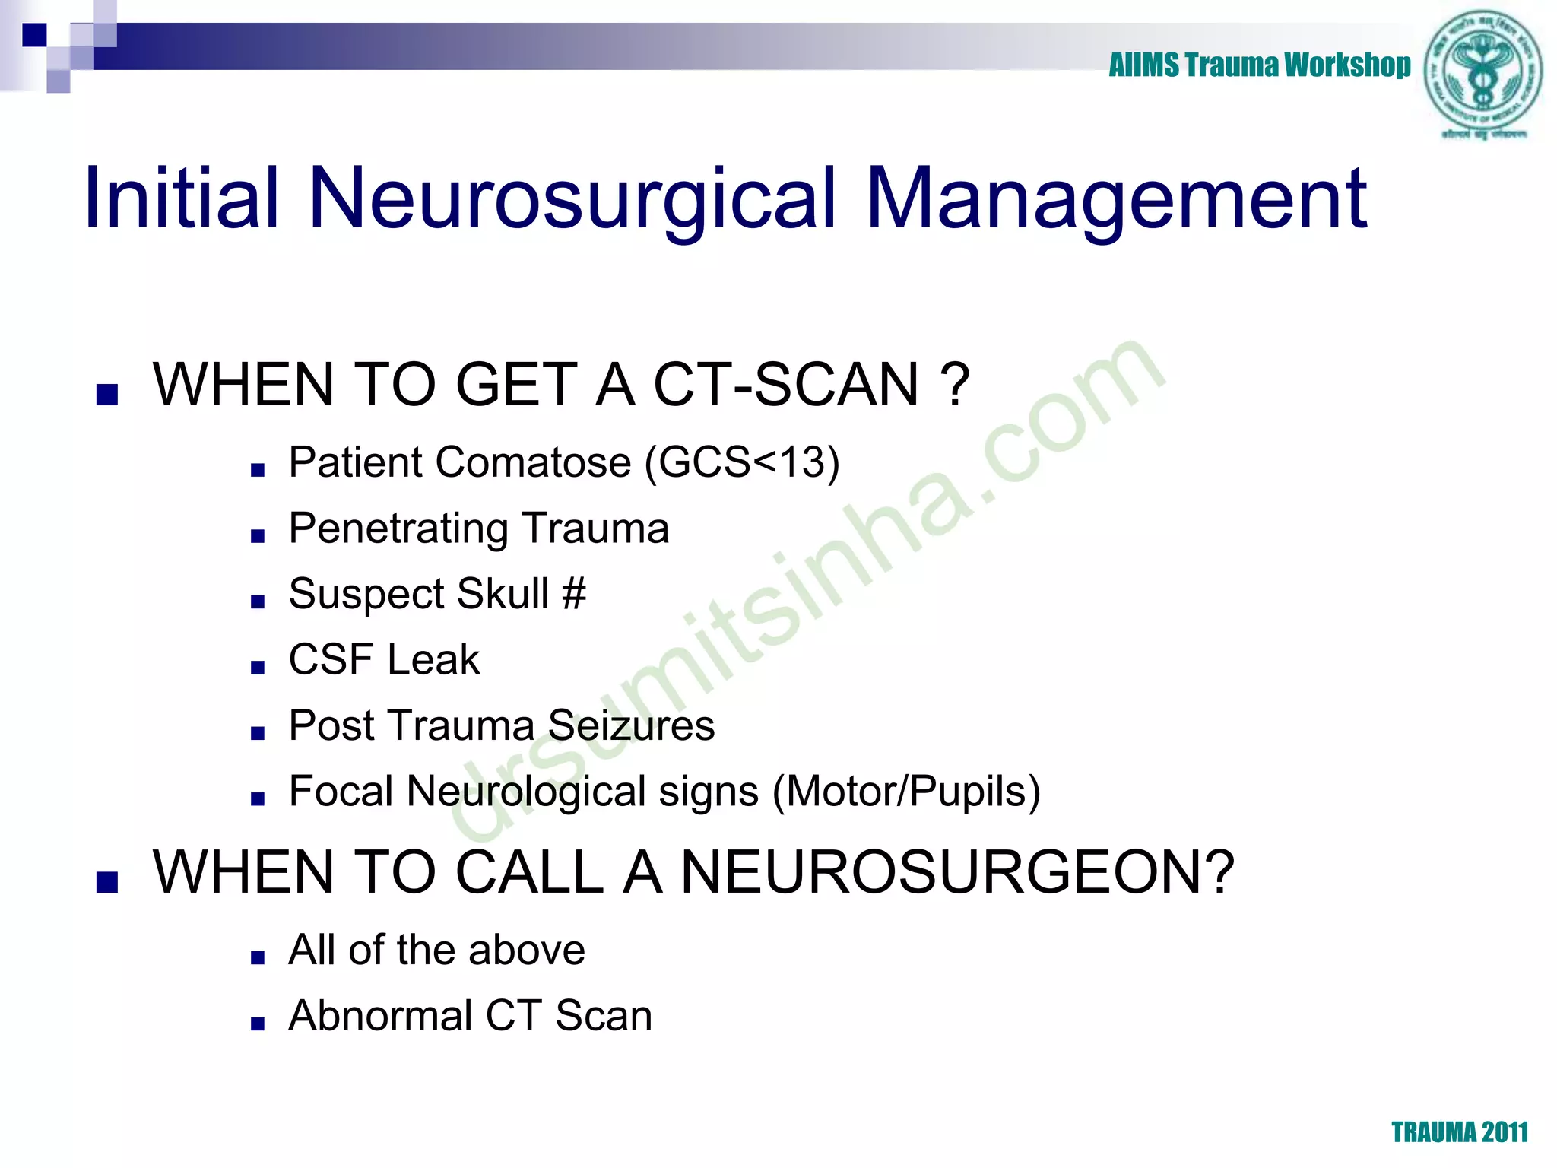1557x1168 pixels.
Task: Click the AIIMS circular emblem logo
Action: click(1483, 72)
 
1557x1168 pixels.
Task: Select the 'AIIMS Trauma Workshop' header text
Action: click(1259, 65)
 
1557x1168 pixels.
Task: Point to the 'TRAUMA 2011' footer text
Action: click(1460, 1132)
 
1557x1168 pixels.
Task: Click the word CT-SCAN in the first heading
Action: click(786, 384)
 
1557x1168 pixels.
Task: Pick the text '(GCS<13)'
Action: click(742, 462)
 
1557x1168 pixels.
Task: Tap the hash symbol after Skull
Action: click(574, 593)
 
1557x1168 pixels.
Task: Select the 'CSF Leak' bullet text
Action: click(384, 659)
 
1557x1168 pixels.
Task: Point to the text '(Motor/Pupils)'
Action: click(906, 791)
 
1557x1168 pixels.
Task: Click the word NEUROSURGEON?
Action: click(957, 871)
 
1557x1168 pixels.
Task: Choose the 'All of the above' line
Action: click(436, 950)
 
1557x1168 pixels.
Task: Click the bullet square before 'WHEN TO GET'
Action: click(107, 395)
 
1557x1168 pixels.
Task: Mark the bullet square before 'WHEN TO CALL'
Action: click(107, 882)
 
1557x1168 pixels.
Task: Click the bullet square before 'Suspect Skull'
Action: click(258, 602)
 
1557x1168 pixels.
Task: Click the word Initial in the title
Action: click(182, 198)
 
